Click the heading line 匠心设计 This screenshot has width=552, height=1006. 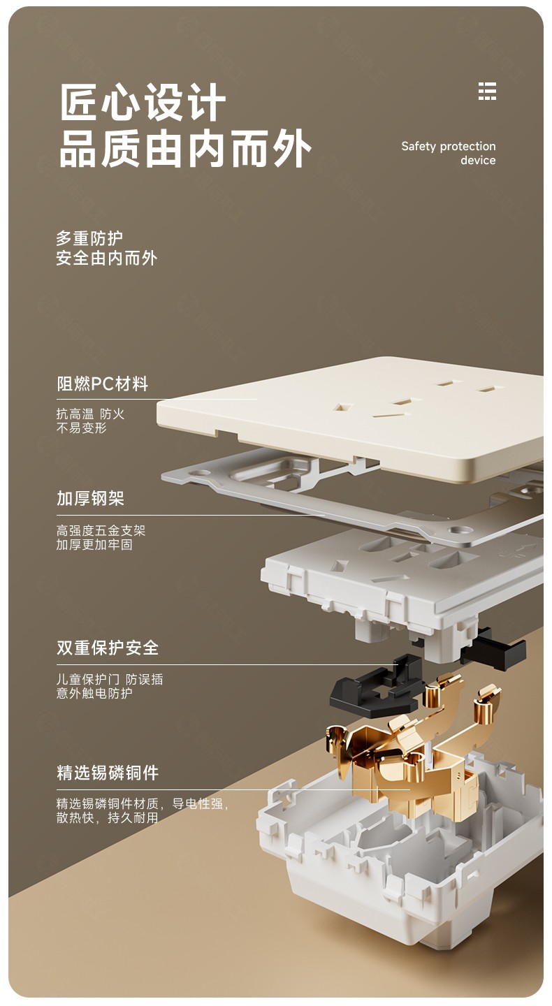143,102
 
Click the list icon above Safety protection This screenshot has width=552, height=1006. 487,91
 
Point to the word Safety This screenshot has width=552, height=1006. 419,146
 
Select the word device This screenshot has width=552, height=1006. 478,160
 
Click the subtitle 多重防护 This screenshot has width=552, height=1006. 89,238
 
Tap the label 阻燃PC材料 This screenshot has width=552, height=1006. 103,384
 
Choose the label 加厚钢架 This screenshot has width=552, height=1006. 90,498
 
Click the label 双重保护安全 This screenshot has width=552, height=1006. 108,647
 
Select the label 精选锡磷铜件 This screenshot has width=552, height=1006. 108,773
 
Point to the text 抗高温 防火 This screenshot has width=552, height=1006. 90,413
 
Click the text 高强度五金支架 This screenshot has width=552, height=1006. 101,530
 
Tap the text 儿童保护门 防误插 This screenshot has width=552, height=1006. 110,679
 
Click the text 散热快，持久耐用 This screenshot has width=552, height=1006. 108,817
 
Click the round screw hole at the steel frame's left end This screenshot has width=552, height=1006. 201,473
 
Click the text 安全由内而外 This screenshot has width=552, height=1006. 107,258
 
